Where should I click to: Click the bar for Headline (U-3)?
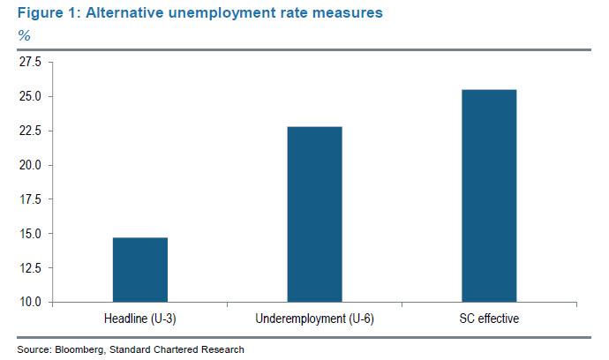[x=140, y=269]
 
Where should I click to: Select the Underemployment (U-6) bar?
[x=314, y=214]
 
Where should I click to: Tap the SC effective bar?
[x=488, y=196]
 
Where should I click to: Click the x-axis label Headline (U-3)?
[x=140, y=319]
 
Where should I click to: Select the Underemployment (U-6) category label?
[x=314, y=319]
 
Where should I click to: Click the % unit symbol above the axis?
[x=24, y=35]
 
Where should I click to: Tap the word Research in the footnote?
[x=222, y=349]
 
